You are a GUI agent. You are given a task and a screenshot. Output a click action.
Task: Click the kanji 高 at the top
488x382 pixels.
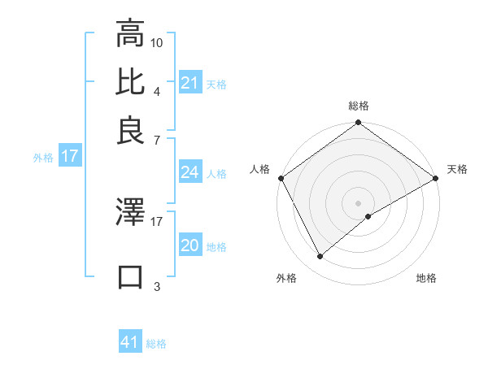(130, 36)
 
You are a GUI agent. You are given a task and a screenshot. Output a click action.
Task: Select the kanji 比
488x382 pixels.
(130, 83)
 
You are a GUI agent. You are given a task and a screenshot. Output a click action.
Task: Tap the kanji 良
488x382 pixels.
(130, 130)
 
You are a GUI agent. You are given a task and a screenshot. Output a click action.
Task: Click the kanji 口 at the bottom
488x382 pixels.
(130, 277)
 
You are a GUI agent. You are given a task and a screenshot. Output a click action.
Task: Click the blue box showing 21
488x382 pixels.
(190, 84)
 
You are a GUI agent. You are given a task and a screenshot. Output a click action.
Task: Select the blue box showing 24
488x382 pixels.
(190, 172)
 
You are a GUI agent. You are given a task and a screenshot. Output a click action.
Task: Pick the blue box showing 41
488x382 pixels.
(130, 342)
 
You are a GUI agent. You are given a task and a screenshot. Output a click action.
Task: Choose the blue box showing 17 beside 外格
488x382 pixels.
(70, 157)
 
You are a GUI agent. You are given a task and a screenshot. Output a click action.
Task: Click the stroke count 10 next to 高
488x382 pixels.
(157, 41)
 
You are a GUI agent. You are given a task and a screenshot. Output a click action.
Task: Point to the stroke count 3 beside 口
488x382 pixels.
(156, 286)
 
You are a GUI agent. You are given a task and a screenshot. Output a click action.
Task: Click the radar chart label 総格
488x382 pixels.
(358, 106)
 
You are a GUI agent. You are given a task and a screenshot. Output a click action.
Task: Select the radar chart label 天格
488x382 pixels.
(457, 169)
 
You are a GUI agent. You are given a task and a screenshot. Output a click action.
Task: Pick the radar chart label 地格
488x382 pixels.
(426, 278)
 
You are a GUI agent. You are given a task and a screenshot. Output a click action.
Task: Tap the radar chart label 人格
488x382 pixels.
(259, 169)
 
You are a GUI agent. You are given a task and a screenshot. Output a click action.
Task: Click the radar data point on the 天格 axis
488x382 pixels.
(436, 178)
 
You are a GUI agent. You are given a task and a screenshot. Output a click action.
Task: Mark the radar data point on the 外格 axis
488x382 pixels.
(320, 256)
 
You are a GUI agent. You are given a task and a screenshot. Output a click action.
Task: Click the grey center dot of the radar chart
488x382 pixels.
(359, 202)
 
